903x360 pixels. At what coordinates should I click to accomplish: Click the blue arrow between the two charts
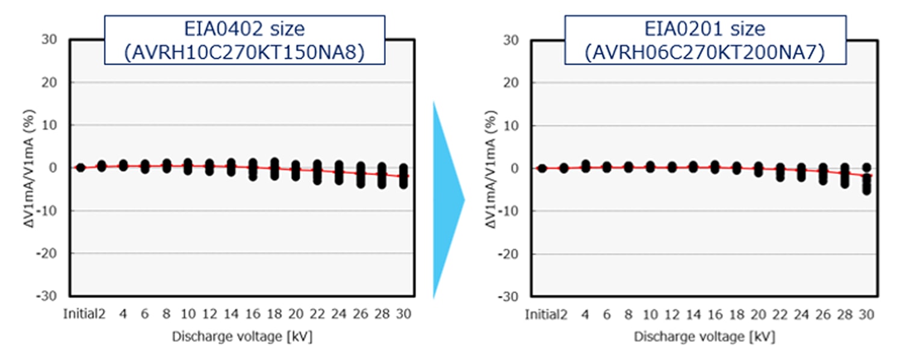pyautogui.click(x=447, y=199)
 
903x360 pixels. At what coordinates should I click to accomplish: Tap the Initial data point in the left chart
pyautogui.click(x=80, y=167)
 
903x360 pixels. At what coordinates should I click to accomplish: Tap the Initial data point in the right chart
pyautogui.click(x=542, y=168)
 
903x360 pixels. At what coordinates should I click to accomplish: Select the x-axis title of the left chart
pyautogui.click(x=242, y=337)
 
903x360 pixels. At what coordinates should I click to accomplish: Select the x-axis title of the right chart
pyautogui.click(x=704, y=337)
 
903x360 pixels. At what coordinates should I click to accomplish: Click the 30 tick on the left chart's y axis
pyautogui.click(x=50, y=39)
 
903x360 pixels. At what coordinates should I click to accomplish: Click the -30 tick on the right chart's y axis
pyautogui.click(x=510, y=297)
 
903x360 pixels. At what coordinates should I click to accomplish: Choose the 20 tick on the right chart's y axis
pyautogui.click(x=512, y=82)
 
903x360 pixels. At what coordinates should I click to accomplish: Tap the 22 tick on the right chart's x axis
pyautogui.click(x=780, y=314)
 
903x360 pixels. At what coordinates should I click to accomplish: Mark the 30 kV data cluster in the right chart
pyautogui.click(x=866, y=180)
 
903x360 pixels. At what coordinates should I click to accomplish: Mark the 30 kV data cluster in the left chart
pyautogui.click(x=404, y=176)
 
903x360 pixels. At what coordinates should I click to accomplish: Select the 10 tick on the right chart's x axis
pyautogui.click(x=650, y=314)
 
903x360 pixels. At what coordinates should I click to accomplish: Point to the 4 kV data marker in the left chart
pyautogui.click(x=123, y=166)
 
